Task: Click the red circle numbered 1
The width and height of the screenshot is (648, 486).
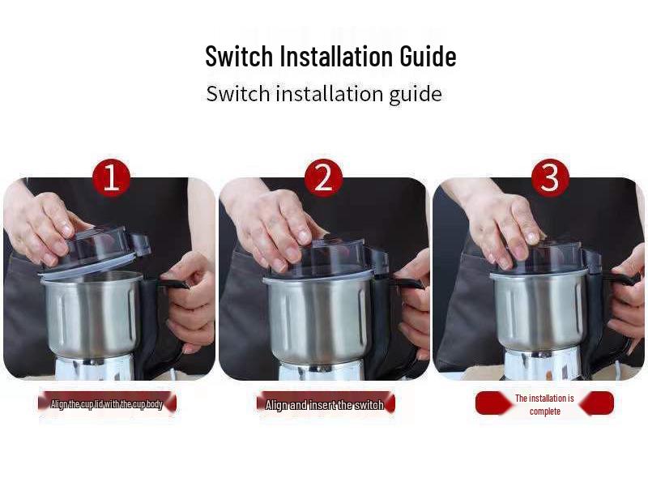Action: pos(111,177)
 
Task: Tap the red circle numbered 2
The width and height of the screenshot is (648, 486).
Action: pos(323,177)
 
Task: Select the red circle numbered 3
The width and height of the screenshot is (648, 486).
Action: pos(550,177)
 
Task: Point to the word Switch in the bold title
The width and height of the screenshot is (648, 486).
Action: pos(239,57)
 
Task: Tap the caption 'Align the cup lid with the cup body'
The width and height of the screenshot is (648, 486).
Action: pos(107,403)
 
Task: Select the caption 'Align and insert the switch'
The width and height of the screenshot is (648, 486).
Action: pos(325,404)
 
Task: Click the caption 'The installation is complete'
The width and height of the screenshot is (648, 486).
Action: pos(544,404)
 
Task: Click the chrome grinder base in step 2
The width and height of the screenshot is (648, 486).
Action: pos(320,370)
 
